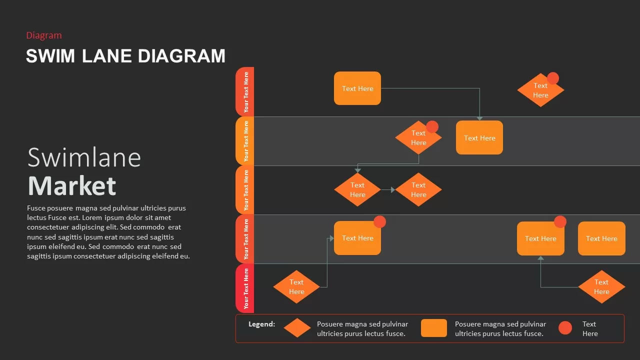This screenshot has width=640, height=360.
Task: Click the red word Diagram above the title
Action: click(44, 35)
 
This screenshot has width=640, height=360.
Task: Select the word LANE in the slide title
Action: click(107, 56)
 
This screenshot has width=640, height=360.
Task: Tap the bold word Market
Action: click(72, 186)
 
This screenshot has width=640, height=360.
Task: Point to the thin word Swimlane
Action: click(84, 157)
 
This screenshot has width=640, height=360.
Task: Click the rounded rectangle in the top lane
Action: click(357, 88)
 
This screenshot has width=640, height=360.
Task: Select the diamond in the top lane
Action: click(540, 90)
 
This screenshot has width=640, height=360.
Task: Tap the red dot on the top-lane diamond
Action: click(552, 78)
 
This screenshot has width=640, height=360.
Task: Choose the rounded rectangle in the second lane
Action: click(479, 138)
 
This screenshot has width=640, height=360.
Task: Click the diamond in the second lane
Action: click(418, 138)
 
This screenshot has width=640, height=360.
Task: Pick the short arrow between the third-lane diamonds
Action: click(387, 190)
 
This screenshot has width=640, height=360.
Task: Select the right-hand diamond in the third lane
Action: click(418, 190)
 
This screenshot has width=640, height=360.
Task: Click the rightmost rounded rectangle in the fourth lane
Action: click(601, 238)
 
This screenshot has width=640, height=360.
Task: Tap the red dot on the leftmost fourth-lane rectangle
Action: click(379, 222)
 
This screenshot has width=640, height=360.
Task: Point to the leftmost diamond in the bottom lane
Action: click(296, 287)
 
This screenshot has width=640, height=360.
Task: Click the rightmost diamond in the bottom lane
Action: click(601, 287)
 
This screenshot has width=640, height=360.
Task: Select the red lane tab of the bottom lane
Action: click(245, 288)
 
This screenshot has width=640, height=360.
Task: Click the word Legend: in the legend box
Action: click(261, 324)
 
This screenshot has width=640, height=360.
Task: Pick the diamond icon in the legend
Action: click(297, 328)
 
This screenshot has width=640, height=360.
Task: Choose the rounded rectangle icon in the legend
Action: click(433, 328)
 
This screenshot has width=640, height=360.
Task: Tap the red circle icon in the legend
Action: click(565, 328)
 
